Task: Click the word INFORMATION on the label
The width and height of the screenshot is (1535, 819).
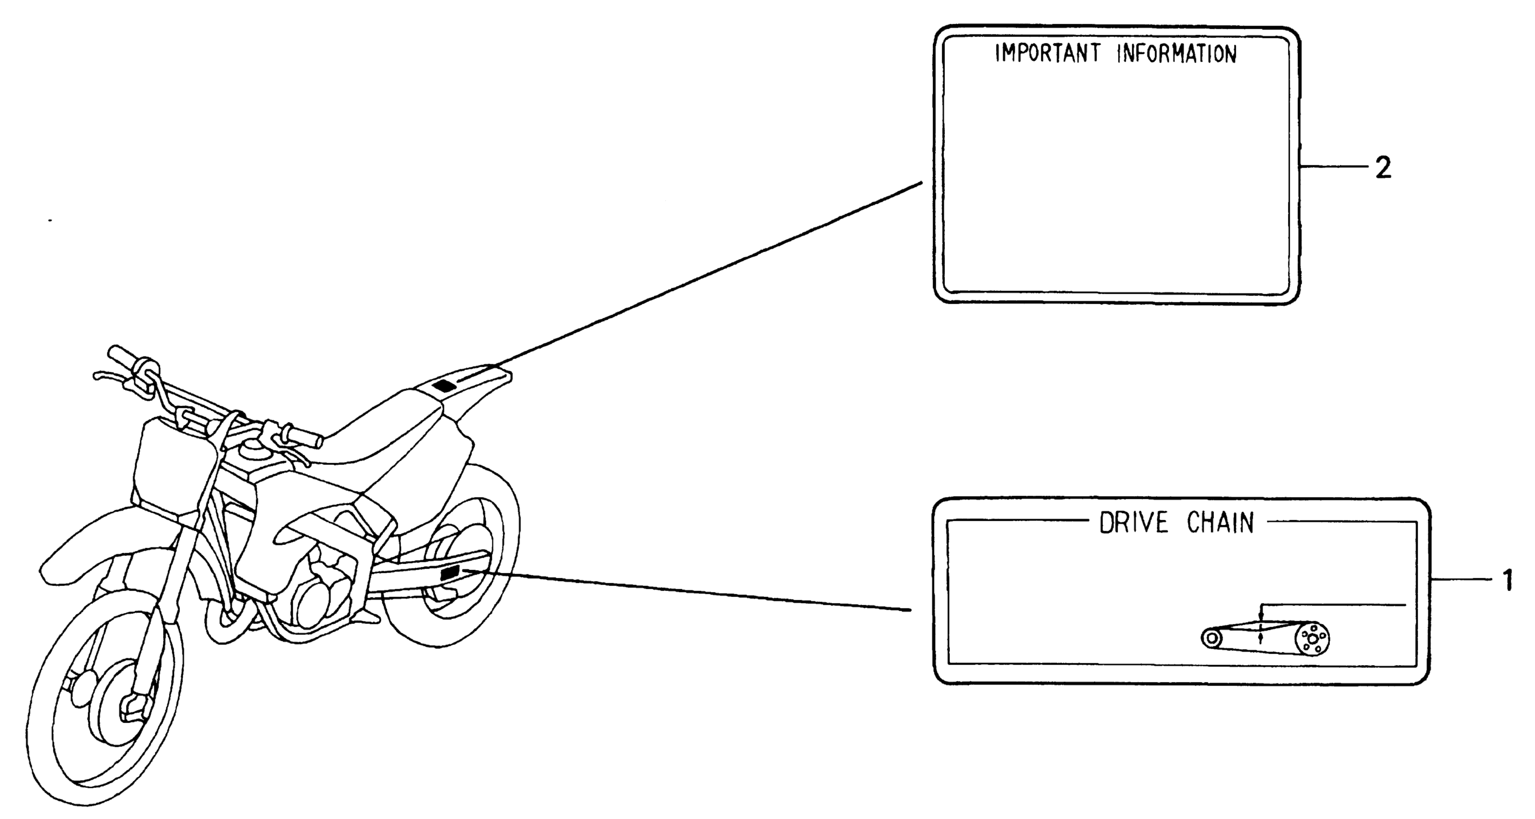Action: pos(1176,53)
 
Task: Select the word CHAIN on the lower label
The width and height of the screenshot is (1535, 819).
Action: pos(1220,523)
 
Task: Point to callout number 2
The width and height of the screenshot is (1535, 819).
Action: pos(1382,168)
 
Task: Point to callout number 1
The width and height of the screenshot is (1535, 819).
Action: pos(1507,580)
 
